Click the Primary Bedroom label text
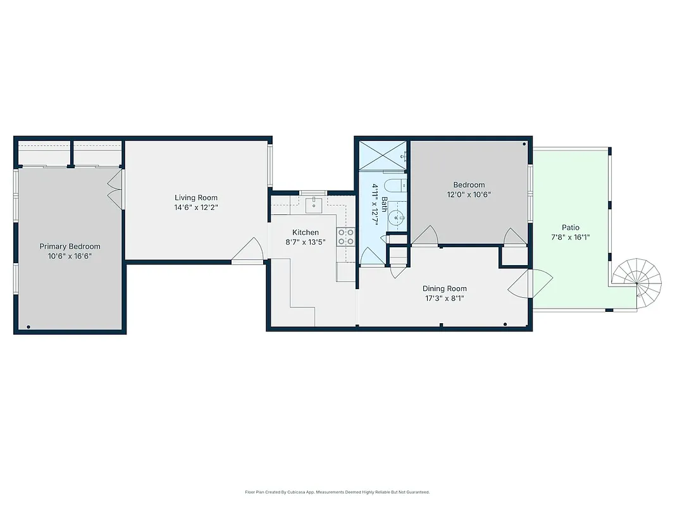tap(70, 246)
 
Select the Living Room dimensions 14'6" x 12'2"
tap(196, 207)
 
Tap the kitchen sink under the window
tap(314, 204)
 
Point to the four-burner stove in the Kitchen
tap(346, 237)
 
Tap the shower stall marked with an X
tap(382, 154)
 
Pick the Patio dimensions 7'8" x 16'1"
tap(570, 238)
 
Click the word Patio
tap(570, 228)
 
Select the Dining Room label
tap(445, 288)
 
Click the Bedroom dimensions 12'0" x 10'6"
tap(469, 195)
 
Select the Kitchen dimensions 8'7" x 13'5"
tap(306, 242)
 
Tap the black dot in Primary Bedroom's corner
tap(28, 326)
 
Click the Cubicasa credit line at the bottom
tap(337, 491)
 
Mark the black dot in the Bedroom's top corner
tap(524, 144)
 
